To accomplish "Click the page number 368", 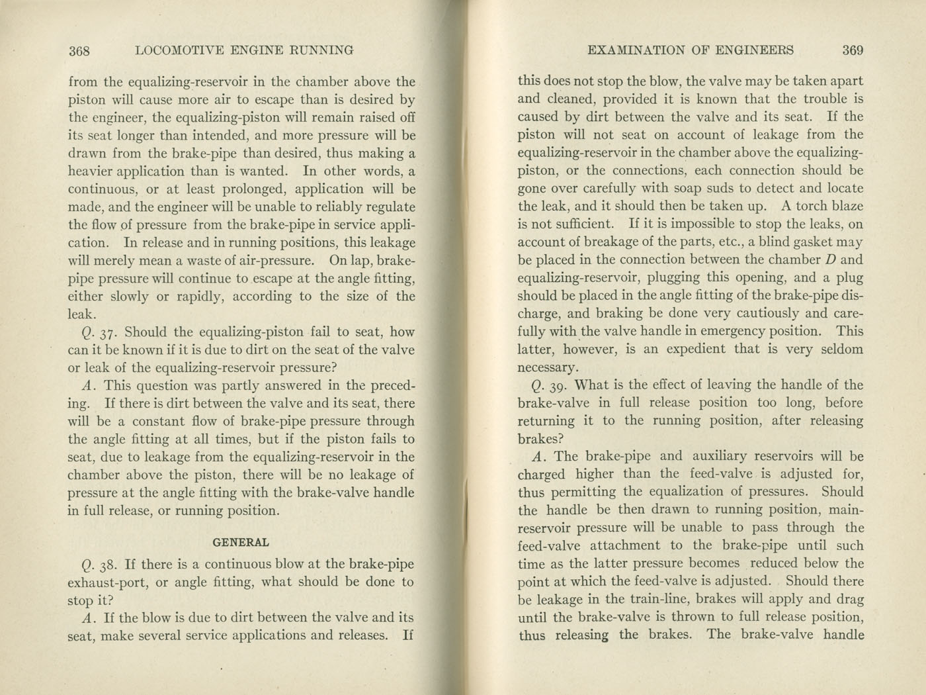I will (83, 50).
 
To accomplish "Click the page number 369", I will (853, 50).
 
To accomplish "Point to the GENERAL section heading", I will (241, 542).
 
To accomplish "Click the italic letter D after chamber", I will (828, 259).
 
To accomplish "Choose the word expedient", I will (689, 349).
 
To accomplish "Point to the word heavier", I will (90, 171).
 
